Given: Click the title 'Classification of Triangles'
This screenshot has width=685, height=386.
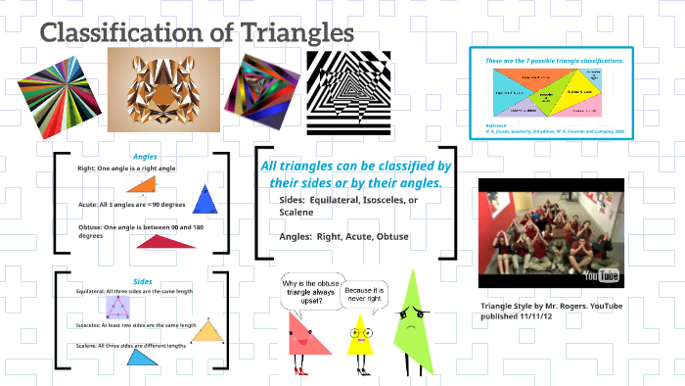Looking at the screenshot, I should coord(196,32).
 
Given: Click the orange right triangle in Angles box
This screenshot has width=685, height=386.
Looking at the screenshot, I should coord(144,185).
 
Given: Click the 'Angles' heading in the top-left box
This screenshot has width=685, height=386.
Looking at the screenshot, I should coord(145,156).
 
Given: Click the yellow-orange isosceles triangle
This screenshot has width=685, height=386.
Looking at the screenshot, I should coord(206,332).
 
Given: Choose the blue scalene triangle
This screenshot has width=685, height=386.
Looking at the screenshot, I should coord(144,359).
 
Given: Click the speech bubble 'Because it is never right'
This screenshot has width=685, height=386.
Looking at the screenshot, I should coord(365,295).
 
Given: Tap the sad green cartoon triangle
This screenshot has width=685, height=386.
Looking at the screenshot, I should coord(411,318).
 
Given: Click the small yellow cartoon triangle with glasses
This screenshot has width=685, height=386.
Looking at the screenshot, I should coord(360,334).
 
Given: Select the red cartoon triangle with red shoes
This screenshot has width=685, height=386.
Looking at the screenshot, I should coord(304,339).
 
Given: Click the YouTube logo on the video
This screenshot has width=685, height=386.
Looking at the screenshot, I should coord(603,275).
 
